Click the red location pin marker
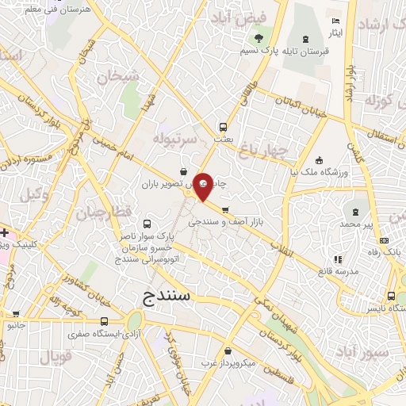[204, 186]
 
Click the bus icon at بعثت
[223, 126]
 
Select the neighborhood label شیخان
[118, 76]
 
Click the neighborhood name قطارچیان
[83, 213]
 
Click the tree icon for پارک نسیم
[258, 37]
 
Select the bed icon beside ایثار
[335, 21]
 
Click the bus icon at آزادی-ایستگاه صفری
[105, 320]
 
